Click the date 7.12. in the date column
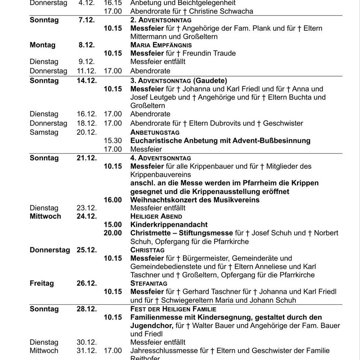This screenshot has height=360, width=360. pyautogui.click(x=86, y=20)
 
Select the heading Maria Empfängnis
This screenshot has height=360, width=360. pyautogui.click(x=161, y=45)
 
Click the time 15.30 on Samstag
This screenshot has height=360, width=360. pyautogui.click(x=113, y=140)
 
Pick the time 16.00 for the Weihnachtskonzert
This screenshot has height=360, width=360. pyautogui.click(x=113, y=199)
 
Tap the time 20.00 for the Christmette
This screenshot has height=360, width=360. pyautogui.click(x=113, y=233)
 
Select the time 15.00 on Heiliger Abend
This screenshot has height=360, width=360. pyautogui.click(x=113, y=224)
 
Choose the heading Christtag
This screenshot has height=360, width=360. pyautogui.click(x=147, y=250)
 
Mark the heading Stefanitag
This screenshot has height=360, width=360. pyautogui.click(x=149, y=283)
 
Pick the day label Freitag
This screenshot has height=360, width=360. pyautogui.click(x=42, y=283)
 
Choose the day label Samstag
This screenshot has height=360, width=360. pyautogui.click(x=44, y=132)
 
